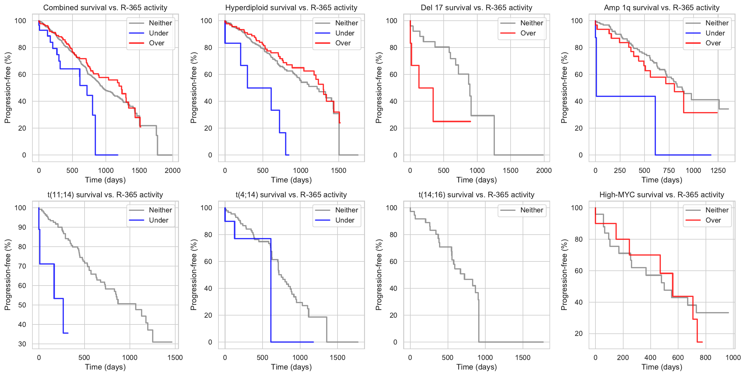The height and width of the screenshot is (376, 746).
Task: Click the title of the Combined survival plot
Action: point(105,8)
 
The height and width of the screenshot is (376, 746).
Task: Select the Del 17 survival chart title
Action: point(476,8)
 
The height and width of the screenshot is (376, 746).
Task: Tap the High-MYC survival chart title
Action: point(661,195)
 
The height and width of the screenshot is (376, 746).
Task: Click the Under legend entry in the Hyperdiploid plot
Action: point(345,33)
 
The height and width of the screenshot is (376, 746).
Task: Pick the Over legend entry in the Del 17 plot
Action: point(528,33)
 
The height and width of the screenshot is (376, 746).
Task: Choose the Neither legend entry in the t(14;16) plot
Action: point(532,210)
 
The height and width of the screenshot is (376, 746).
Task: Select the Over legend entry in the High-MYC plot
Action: point(713,220)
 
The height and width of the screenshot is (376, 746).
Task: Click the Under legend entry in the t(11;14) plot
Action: point(159,220)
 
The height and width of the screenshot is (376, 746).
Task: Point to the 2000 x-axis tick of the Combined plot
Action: point(172,170)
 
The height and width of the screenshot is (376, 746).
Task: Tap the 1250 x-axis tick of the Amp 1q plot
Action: point(718,170)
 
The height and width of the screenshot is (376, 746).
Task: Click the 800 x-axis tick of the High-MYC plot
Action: point(705,357)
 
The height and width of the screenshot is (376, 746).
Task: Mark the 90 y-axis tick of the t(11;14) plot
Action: point(22,227)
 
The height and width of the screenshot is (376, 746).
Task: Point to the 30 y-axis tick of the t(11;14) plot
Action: point(22,344)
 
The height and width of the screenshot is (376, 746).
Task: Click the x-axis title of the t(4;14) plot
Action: point(291,367)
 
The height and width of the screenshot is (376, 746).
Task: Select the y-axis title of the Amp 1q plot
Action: point(564,88)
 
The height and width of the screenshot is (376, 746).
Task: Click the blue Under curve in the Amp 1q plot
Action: point(626,96)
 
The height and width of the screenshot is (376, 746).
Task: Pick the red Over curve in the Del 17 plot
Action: point(426,88)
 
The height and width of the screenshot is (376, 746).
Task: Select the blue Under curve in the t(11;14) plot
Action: point(46,264)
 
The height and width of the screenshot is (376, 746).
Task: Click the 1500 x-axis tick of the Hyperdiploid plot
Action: point(339,170)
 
